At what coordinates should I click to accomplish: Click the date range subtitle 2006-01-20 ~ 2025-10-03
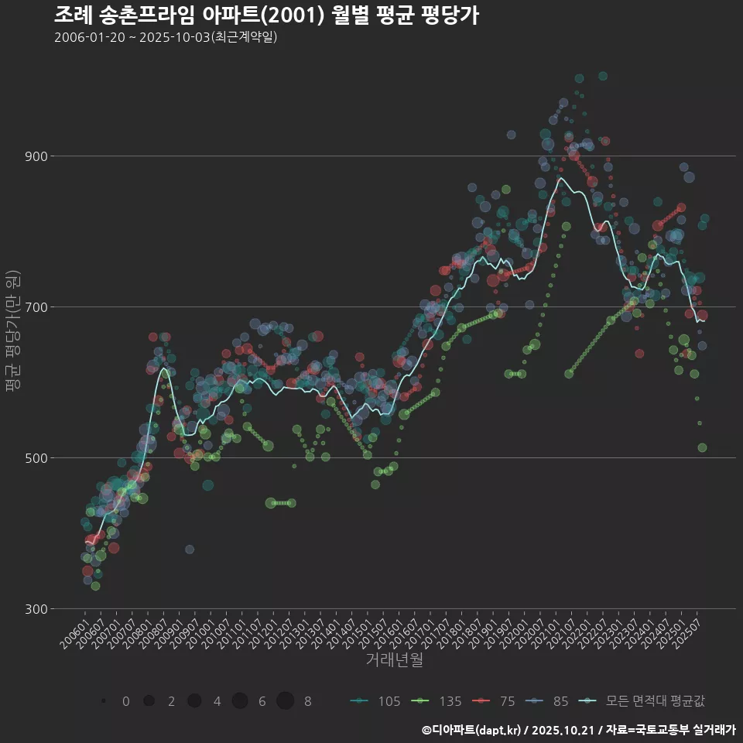[166, 37]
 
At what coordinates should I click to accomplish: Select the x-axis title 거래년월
[394, 660]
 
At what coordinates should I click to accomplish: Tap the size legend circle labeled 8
[285, 700]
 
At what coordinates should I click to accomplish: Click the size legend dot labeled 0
[103, 700]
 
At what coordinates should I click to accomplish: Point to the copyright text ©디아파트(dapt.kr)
[472, 730]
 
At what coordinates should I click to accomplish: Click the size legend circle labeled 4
[194, 700]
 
